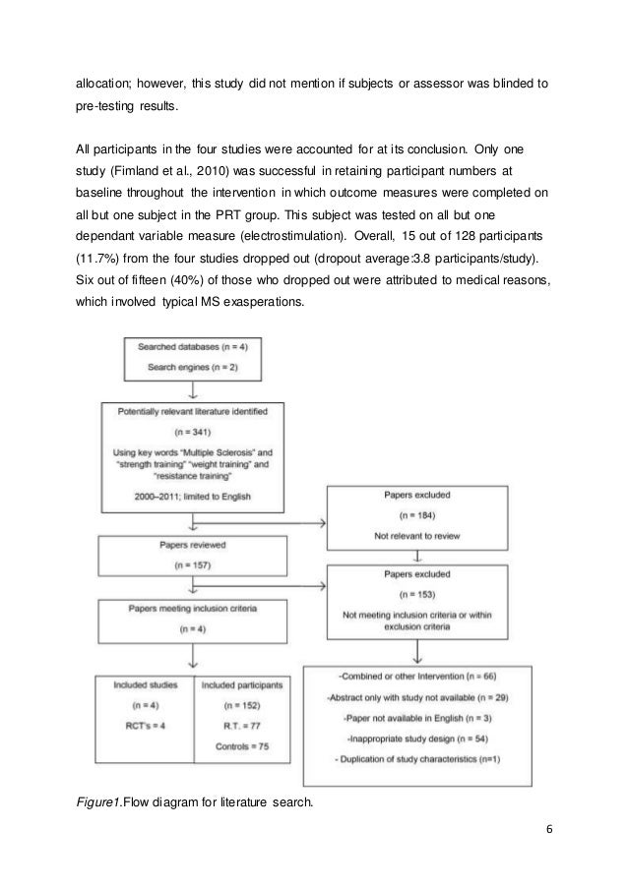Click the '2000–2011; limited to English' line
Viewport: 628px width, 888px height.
pos(191,498)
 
